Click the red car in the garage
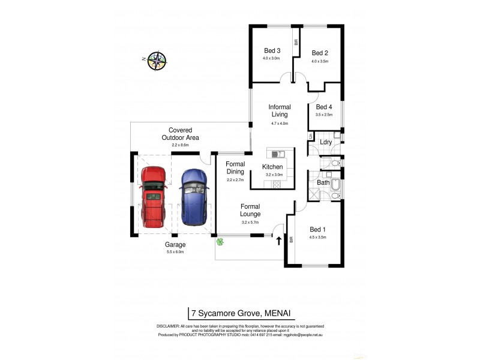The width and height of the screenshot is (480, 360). [152, 197]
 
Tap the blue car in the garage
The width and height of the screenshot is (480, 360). [194, 196]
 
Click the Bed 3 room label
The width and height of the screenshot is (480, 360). [272, 50]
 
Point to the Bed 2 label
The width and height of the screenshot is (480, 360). [320, 53]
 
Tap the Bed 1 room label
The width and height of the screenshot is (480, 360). [317, 229]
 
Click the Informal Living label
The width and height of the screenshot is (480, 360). [280, 110]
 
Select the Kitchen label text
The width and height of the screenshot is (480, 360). [273, 167]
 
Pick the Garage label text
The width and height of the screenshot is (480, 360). [175, 245]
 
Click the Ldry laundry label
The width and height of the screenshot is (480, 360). [326, 142]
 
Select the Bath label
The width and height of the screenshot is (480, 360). [323, 182]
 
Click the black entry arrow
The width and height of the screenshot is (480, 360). [279, 241]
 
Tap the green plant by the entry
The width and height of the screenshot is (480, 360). [221, 242]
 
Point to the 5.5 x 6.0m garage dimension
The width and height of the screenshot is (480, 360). [175, 253]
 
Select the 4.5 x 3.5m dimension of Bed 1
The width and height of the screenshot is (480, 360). [317, 238]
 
